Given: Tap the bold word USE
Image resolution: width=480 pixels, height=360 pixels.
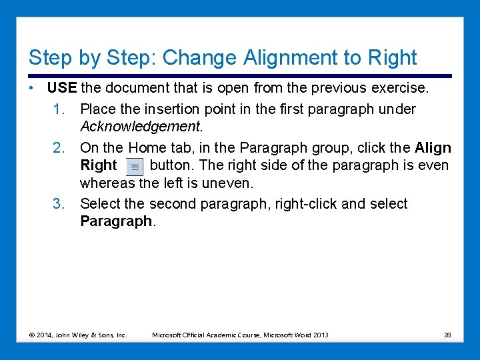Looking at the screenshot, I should point(62,88).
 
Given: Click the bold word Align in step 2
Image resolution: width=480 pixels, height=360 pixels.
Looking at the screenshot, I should point(433,148).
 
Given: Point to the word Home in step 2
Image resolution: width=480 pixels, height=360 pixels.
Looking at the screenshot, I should point(148,148).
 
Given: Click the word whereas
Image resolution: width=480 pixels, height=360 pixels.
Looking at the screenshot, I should point(109,183).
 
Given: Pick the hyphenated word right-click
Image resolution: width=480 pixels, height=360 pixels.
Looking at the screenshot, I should point(305,204).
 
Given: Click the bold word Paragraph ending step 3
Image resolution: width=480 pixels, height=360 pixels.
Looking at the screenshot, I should point(116,221).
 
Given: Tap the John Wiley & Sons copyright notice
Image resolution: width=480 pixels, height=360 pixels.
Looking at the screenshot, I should point(78,335).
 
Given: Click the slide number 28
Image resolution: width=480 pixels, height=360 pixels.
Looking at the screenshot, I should point(447,335).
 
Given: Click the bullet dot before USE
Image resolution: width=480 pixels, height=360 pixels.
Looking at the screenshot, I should point(31,89).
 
